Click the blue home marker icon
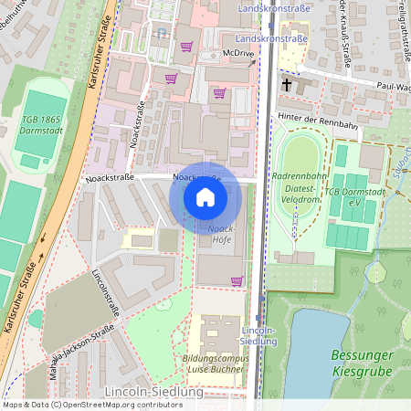click(x=205, y=197)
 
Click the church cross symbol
click(x=288, y=84)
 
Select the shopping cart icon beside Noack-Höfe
click(x=237, y=281)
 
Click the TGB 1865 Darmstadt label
click(x=40, y=125)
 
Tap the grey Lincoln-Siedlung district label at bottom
click(x=153, y=392)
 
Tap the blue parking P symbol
click(x=161, y=33)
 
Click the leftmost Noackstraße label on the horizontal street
click(x=109, y=177)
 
